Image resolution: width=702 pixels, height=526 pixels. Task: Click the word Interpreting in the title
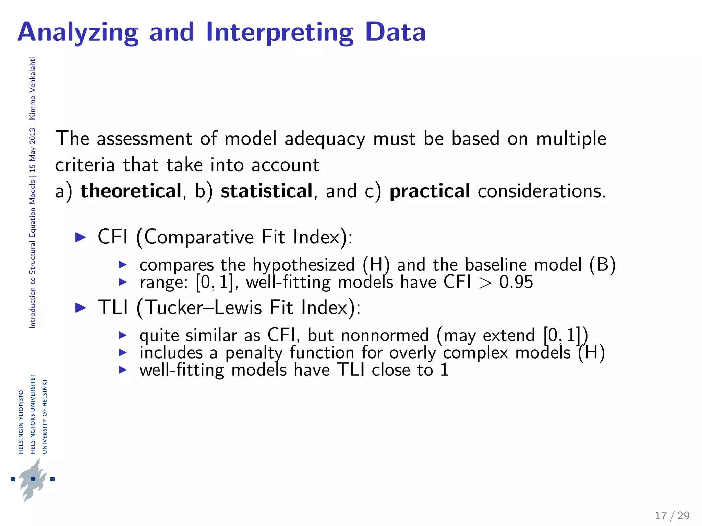279,33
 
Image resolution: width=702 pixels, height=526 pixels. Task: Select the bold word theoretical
131,191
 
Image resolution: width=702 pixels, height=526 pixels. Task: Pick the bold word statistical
266,191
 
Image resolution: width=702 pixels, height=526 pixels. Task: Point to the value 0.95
516,282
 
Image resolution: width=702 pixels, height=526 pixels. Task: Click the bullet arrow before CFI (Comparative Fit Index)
81,237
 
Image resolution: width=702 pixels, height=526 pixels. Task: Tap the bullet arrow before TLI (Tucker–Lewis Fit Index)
81,307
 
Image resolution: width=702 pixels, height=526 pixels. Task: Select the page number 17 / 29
672,515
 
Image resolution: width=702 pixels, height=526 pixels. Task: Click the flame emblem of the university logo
33,479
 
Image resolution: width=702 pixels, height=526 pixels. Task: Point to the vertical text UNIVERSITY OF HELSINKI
45,416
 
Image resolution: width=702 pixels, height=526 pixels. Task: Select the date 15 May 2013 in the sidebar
32,150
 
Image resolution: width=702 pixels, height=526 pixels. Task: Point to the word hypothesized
303,265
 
